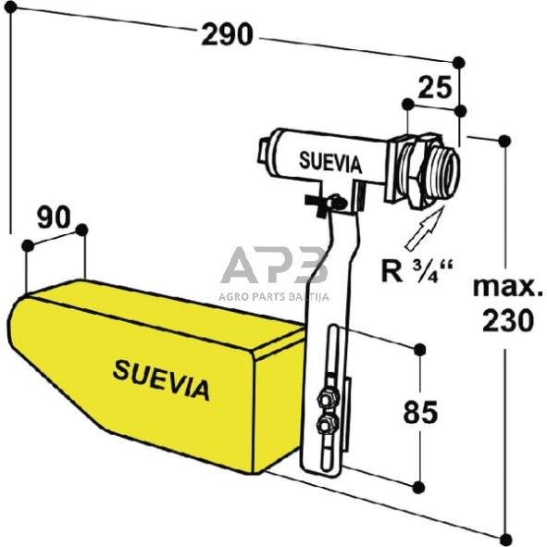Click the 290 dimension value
(227, 35)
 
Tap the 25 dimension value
(434, 89)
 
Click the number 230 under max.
(508, 320)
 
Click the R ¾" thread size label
(417, 270)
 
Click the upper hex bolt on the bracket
(326, 400)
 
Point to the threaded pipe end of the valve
(447, 171)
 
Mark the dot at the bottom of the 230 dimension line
(505, 537)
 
